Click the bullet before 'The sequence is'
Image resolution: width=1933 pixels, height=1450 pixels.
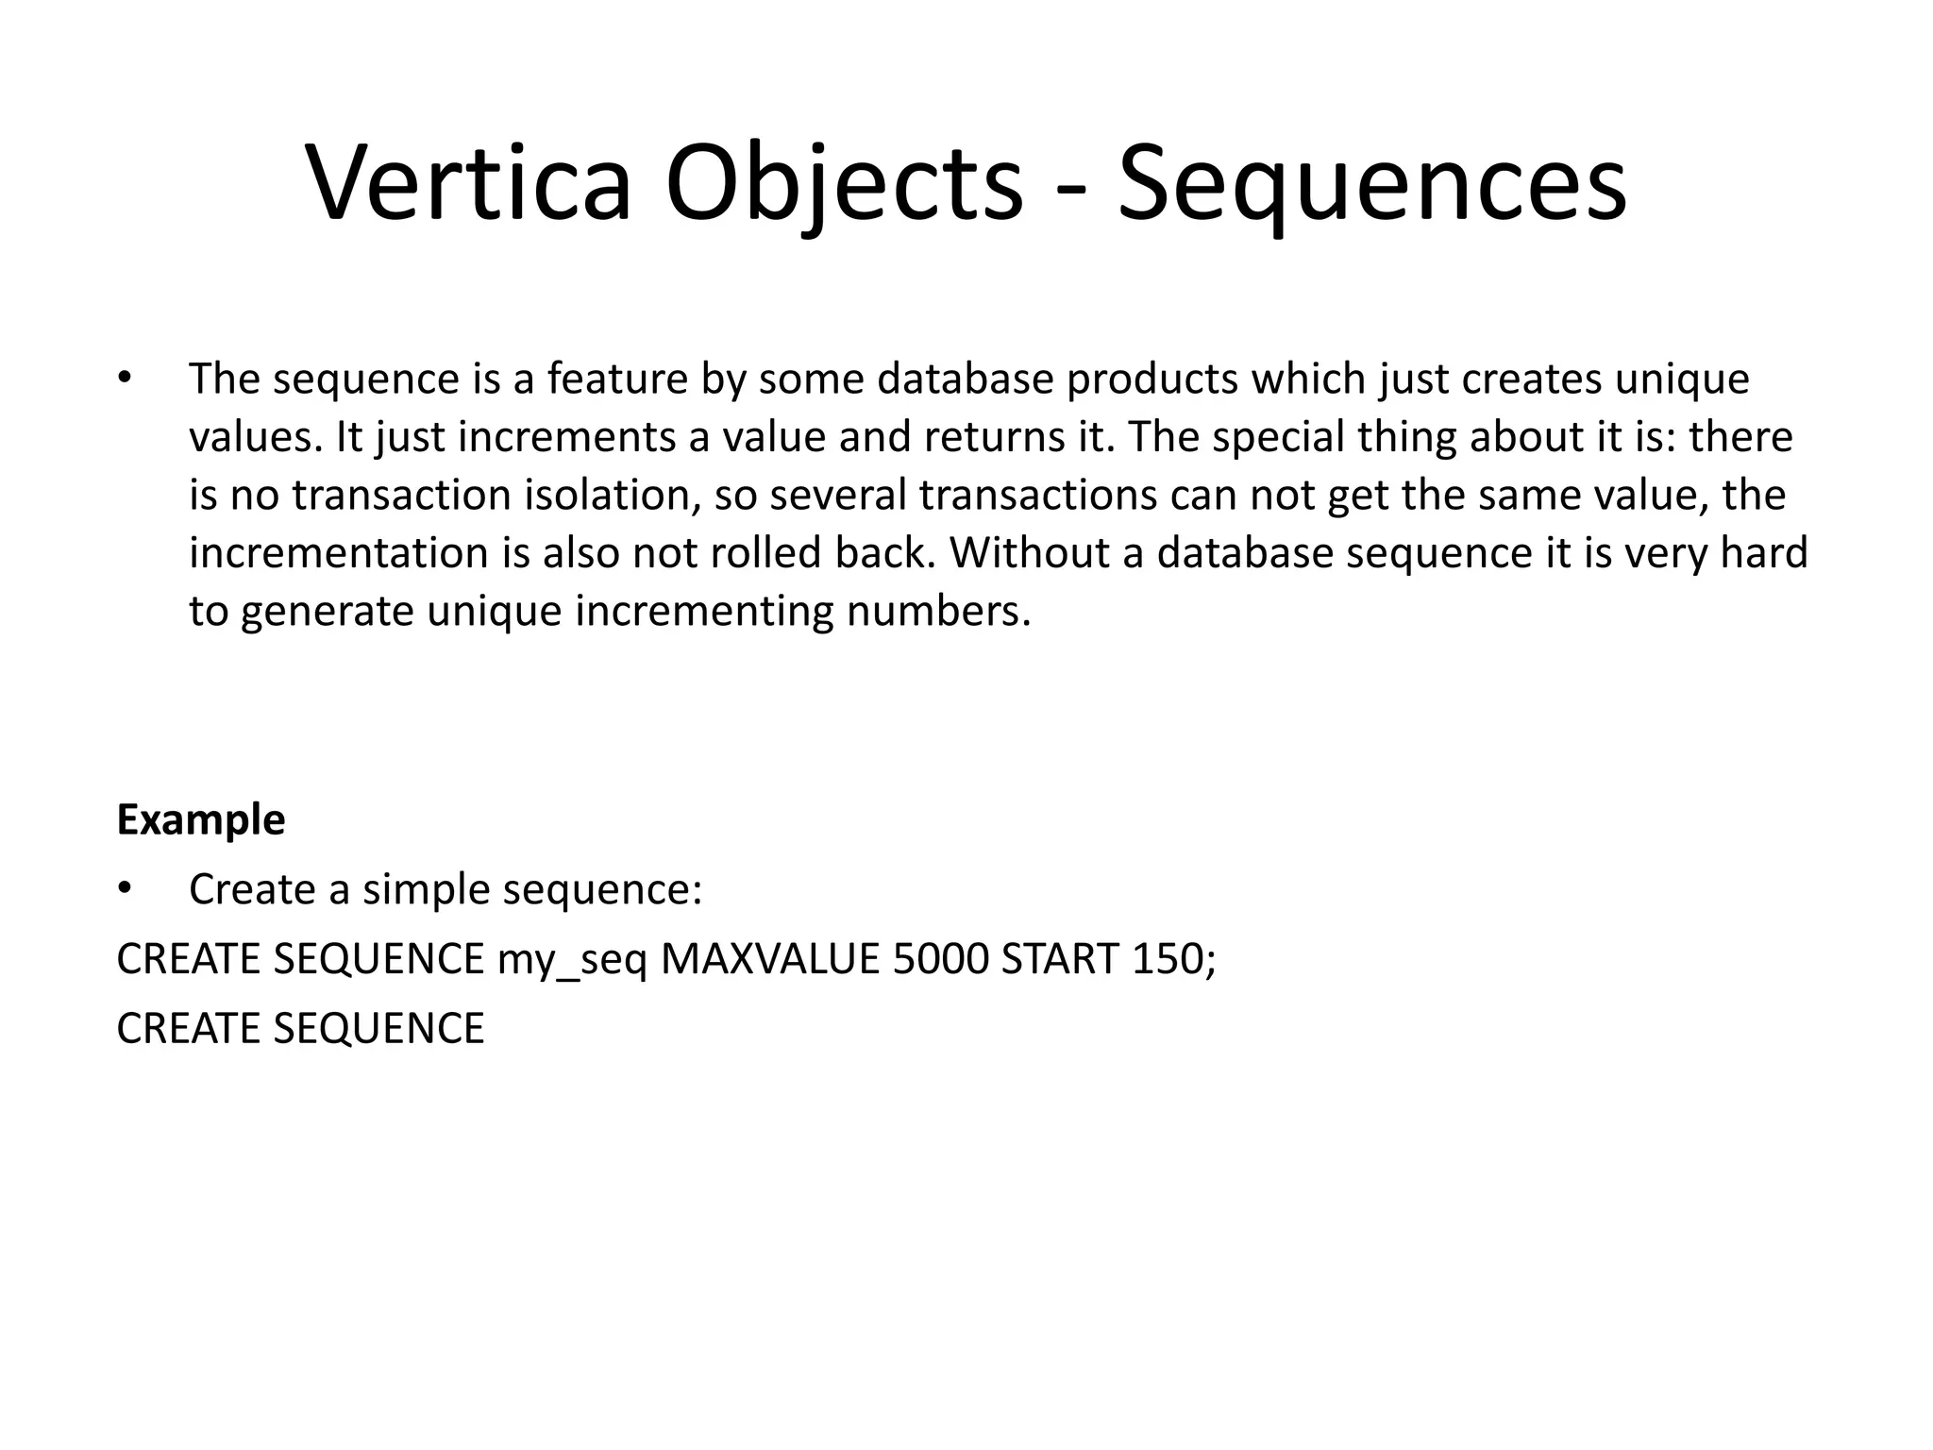(x=123, y=379)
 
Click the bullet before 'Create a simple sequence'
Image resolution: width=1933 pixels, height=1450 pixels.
(x=123, y=889)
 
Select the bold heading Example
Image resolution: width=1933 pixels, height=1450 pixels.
(x=200, y=819)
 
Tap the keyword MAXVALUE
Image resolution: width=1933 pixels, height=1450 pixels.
(x=769, y=959)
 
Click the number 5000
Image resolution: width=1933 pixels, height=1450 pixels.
(x=940, y=959)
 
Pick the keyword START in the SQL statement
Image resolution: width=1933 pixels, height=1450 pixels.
(x=1060, y=959)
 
